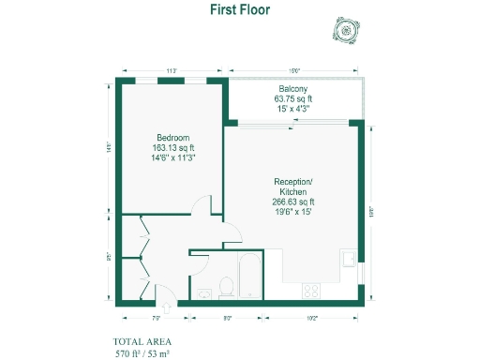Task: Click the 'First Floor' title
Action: pos(239,8)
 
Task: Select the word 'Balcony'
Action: pos(293,88)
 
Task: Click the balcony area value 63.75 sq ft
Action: pos(293,97)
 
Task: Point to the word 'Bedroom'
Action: pos(173,138)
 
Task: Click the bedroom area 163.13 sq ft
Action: pos(173,147)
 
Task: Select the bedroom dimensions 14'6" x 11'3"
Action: pos(173,157)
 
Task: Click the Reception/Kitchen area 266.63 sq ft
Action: pos(293,202)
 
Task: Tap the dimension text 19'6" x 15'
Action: pos(293,212)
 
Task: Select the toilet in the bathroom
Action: pos(226,287)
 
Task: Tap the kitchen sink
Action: pos(348,257)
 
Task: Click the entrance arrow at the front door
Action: pos(167,305)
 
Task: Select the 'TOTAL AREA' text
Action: pos(142,341)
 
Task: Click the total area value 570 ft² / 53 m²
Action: pos(142,353)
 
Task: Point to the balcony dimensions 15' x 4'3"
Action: pos(293,108)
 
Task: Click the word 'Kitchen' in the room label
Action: pos(293,191)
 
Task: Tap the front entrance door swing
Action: pos(161,292)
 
